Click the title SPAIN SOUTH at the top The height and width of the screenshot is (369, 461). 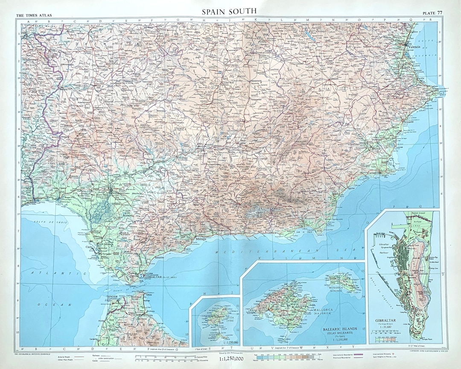230,10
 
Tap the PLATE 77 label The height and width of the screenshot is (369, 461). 432,12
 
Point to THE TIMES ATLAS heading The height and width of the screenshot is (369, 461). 34,16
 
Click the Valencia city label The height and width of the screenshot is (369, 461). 414,46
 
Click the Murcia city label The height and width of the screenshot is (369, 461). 376,149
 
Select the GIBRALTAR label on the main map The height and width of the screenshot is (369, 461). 154,277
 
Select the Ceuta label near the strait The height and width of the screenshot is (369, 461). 149,294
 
